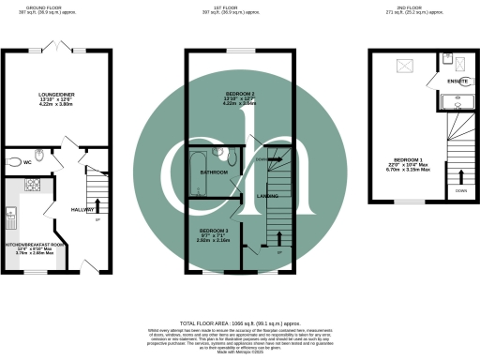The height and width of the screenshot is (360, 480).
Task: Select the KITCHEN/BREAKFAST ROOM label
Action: click(x=35, y=245)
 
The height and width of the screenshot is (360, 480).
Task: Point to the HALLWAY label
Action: click(x=83, y=210)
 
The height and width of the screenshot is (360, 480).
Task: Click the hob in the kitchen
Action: click(x=32, y=185)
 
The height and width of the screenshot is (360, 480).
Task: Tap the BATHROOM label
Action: click(x=215, y=172)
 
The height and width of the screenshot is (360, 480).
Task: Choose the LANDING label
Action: click(x=266, y=196)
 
